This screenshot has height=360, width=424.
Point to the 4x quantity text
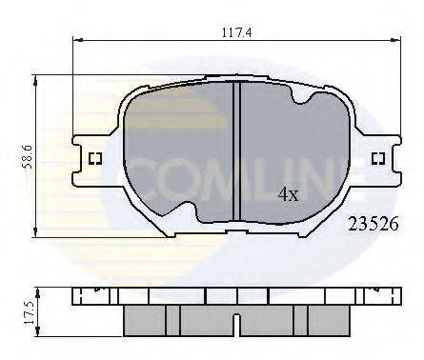click(x=287, y=193)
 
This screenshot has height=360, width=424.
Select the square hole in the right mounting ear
click(x=377, y=158)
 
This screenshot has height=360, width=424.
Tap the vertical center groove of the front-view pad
click(x=235, y=152)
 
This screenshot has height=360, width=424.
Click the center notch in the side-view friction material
click(x=235, y=313)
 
